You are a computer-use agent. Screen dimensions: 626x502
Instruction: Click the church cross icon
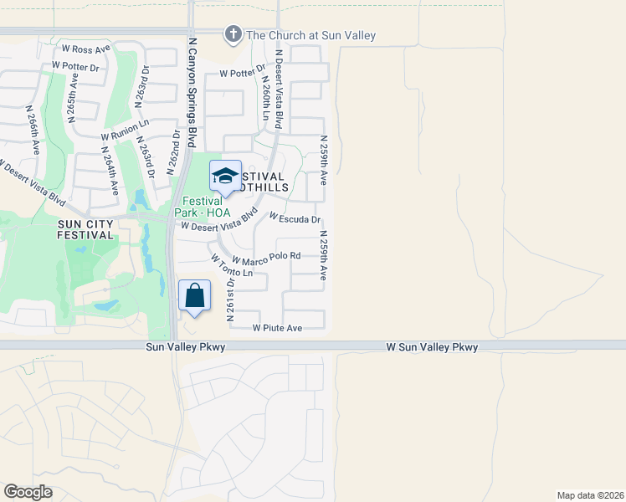click(232, 34)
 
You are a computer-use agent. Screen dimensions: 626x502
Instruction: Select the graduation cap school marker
click(224, 176)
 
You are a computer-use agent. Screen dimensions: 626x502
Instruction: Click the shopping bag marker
click(194, 296)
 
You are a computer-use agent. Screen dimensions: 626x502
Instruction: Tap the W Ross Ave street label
click(86, 50)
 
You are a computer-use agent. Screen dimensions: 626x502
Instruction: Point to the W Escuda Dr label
click(295, 219)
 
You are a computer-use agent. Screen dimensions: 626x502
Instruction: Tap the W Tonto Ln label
click(231, 266)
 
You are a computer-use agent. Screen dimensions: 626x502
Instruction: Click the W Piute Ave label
click(277, 328)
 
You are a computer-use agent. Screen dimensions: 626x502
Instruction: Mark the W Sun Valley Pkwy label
click(432, 346)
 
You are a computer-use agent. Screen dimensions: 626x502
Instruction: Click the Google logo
click(28, 492)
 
